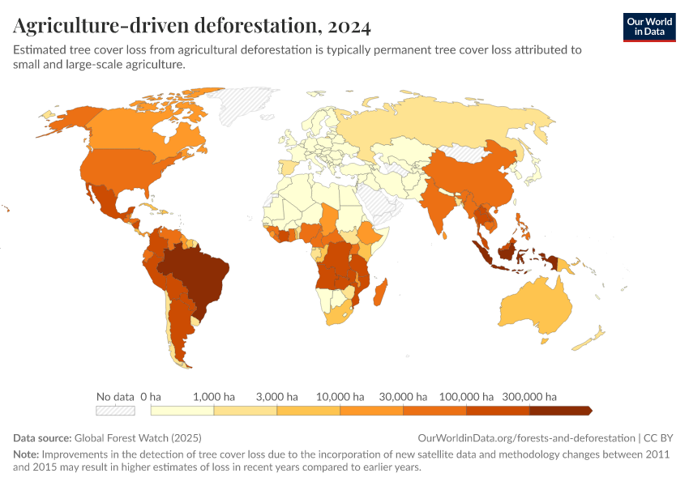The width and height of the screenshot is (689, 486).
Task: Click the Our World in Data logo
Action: (648, 27)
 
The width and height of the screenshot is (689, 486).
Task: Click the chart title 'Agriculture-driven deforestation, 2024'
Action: (192, 27)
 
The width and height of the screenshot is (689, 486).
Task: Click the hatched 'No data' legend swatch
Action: (114, 411)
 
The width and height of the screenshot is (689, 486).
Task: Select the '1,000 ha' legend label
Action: (214, 397)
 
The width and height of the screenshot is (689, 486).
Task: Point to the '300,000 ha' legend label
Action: (530, 397)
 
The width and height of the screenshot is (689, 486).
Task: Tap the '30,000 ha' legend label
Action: (404, 397)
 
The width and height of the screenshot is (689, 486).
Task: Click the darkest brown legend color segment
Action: (559, 411)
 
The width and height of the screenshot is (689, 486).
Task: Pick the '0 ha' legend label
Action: (151, 397)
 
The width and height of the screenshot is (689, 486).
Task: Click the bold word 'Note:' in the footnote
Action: (26, 454)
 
